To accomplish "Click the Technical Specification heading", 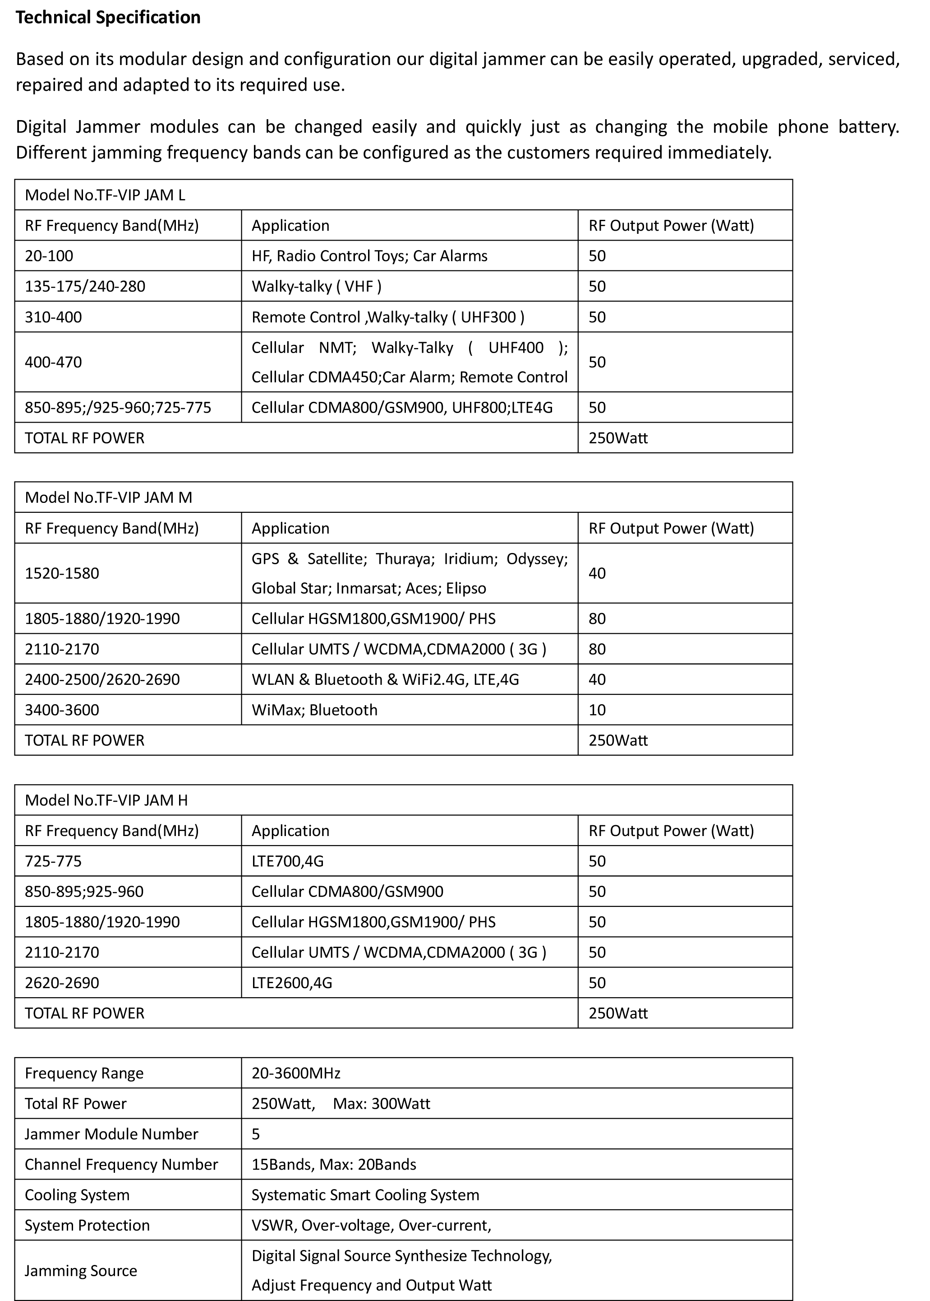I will coord(108,18).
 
